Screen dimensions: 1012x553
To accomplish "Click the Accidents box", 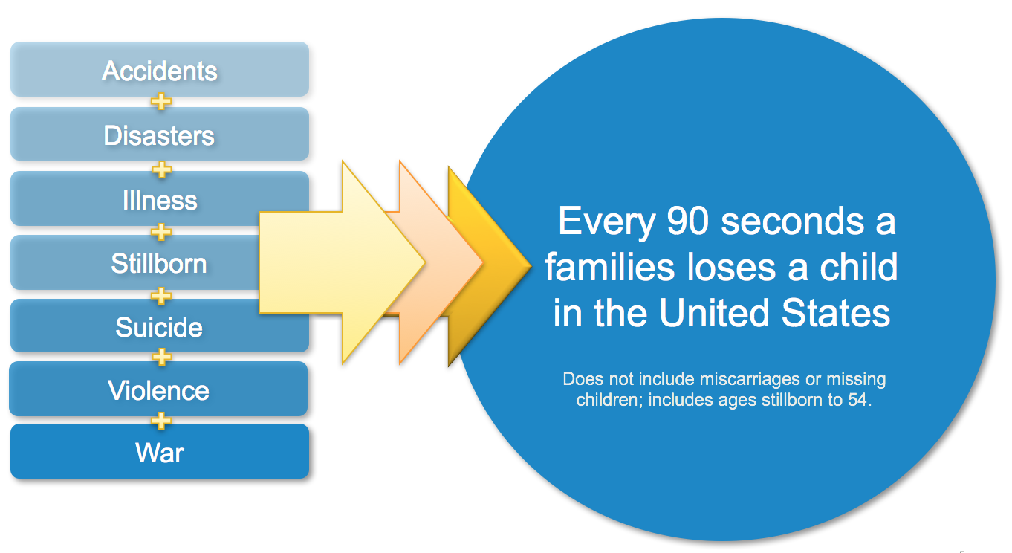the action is (160, 69).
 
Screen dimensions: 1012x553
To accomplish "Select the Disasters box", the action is (160, 134).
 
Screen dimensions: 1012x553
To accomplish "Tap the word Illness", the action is (160, 200).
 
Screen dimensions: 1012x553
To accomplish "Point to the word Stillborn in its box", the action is (159, 263).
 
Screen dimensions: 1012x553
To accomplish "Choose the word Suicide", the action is (159, 326).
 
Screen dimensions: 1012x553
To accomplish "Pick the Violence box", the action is (158, 389).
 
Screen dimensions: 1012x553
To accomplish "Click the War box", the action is (160, 451).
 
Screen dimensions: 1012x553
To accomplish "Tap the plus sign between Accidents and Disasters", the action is (161, 101).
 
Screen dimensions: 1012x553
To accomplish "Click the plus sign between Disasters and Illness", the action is (161, 169).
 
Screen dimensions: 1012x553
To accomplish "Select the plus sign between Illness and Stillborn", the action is (161, 232).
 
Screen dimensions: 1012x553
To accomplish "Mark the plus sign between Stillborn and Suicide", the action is (161, 297).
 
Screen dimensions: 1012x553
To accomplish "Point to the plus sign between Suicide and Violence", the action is (161, 357).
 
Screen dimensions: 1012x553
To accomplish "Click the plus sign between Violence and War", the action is (161, 421).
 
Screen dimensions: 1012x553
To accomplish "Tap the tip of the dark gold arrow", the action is (531, 265).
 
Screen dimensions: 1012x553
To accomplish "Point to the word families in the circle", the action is (609, 267).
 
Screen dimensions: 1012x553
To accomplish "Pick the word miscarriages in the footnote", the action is (750, 378).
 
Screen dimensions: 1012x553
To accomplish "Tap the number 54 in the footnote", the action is (857, 400).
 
